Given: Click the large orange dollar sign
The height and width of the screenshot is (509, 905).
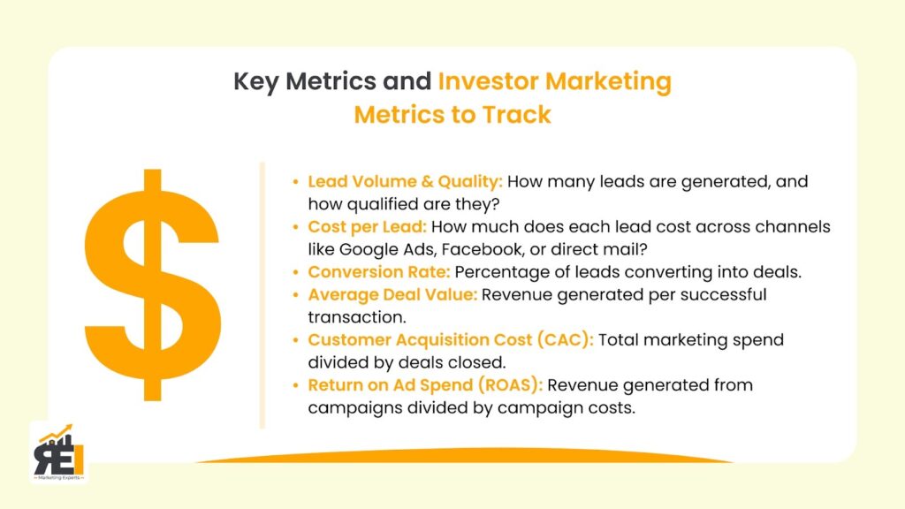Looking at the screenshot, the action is click(x=152, y=285).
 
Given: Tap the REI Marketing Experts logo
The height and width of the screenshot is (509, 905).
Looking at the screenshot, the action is click(x=59, y=452).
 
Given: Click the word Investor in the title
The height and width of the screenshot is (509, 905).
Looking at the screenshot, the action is click(x=488, y=81).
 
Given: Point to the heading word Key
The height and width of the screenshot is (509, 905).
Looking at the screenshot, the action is click(x=256, y=82).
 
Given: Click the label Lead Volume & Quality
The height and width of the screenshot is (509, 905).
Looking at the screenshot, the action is click(x=405, y=182).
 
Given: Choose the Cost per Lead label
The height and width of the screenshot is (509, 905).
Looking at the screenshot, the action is click(x=367, y=227).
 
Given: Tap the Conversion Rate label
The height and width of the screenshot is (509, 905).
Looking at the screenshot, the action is click(x=378, y=272).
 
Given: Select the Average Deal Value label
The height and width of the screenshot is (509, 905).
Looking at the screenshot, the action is click(x=392, y=294).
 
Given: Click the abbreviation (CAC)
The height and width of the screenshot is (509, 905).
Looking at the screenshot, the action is click(x=566, y=339).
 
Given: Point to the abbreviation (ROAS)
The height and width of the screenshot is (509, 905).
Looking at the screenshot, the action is click(x=510, y=385).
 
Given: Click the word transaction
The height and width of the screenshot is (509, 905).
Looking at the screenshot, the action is click(x=357, y=317).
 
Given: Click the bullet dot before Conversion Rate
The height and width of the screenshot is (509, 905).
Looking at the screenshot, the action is click(x=295, y=272).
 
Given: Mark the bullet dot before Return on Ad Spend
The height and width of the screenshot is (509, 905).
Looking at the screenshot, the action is click(x=295, y=385).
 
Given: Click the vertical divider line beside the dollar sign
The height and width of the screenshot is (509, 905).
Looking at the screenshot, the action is click(x=262, y=295).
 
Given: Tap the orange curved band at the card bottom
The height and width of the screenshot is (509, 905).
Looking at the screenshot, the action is click(x=465, y=455).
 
